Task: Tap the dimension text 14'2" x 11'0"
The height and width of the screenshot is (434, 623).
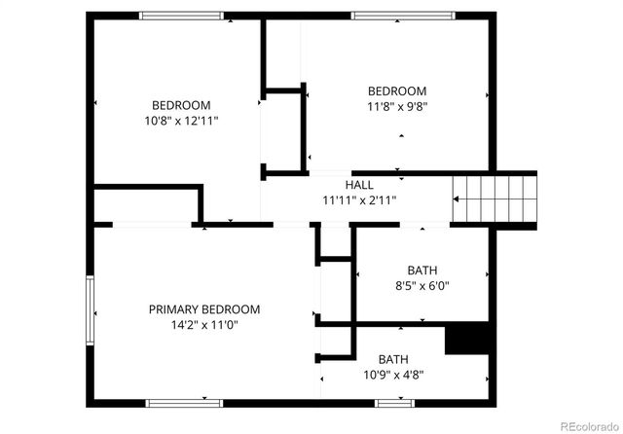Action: click(x=204, y=325)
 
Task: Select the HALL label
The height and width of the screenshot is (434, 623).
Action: click(x=359, y=185)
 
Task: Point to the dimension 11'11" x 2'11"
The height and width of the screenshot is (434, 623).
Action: click(x=359, y=200)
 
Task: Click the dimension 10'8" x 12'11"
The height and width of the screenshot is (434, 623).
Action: click(x=181, y=122)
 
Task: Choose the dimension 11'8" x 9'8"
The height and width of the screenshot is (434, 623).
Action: click(x=397, y=108)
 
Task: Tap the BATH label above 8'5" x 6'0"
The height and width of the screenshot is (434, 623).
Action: click(x=421, y=271)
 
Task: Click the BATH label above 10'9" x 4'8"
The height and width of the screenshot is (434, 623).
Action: click(x=393, y=358)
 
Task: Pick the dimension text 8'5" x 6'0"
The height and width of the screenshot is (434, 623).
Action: click(x=421, y=286)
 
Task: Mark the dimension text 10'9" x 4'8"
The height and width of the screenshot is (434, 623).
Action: click(x=393, y=374)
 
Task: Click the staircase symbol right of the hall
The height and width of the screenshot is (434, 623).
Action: click(x=495, y=199)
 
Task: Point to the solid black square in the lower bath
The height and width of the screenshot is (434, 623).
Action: click(x=464, y=339)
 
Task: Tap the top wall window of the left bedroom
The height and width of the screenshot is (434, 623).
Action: click(x=181, y=15)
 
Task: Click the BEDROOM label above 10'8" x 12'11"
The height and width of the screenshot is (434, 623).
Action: click(x=181, y=105)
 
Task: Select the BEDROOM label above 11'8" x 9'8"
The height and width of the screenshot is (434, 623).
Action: click(x=397, y=91)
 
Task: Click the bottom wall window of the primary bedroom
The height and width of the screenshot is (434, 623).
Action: click(x=185, y=401)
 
